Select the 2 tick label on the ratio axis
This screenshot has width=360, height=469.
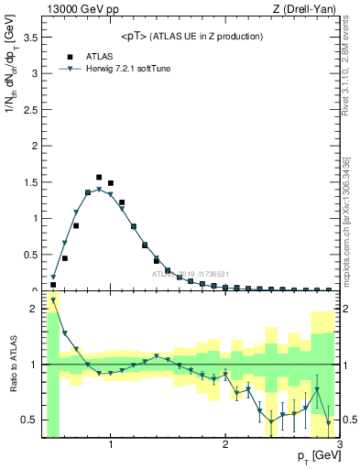pyautogui.click(x=35, y=309)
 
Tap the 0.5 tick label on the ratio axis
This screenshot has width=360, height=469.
pyautogui.click(x=31, y=420)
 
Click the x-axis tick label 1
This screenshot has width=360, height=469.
pyautogui.click(x=111, y=445)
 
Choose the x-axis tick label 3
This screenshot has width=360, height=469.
pyautogui.click(x=340, y=445)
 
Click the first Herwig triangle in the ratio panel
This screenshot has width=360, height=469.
pyautogui.click(x=53, y=300)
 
